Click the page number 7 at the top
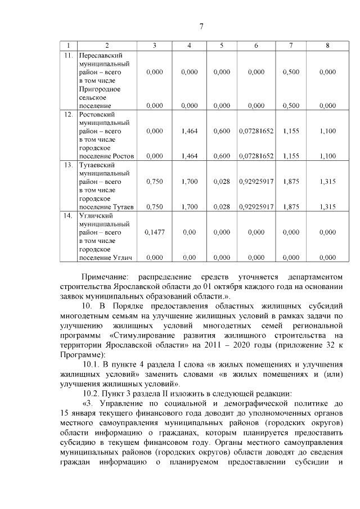pyautogui.click(x=201, y=26)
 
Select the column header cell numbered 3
pyautogui.click(x=154, y=46)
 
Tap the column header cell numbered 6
pyautogui.click(x=256, y=46)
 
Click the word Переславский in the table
pyautogui.click(x=101, y=55)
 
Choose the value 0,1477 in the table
pyautogui.click(x=154, y=232)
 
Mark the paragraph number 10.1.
pyautogui.click(x=91, y=364)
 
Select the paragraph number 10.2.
pyautogui.click(x=91, y=393)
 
